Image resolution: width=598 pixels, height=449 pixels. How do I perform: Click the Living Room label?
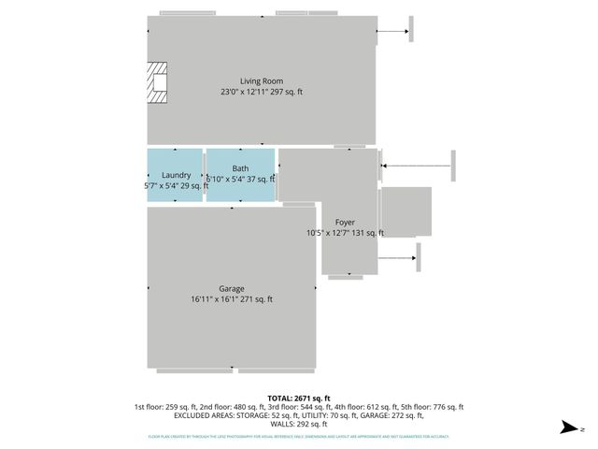tap(262, 81)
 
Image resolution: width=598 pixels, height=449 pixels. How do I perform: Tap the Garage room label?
tap(232, 289)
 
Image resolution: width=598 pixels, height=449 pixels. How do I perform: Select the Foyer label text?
tap(345, 223)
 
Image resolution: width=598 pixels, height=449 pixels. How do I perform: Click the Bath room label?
tap(240, 169)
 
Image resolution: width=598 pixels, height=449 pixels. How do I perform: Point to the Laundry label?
tap(177, 175)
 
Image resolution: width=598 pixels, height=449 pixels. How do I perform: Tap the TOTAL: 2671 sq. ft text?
tap(299, 398)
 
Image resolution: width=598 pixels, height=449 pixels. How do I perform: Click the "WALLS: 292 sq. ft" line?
tap(299, 424)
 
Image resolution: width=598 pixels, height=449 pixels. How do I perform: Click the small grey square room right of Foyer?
tap(406, 211)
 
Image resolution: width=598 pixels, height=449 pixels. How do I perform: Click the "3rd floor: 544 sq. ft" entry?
tap(298, 407)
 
